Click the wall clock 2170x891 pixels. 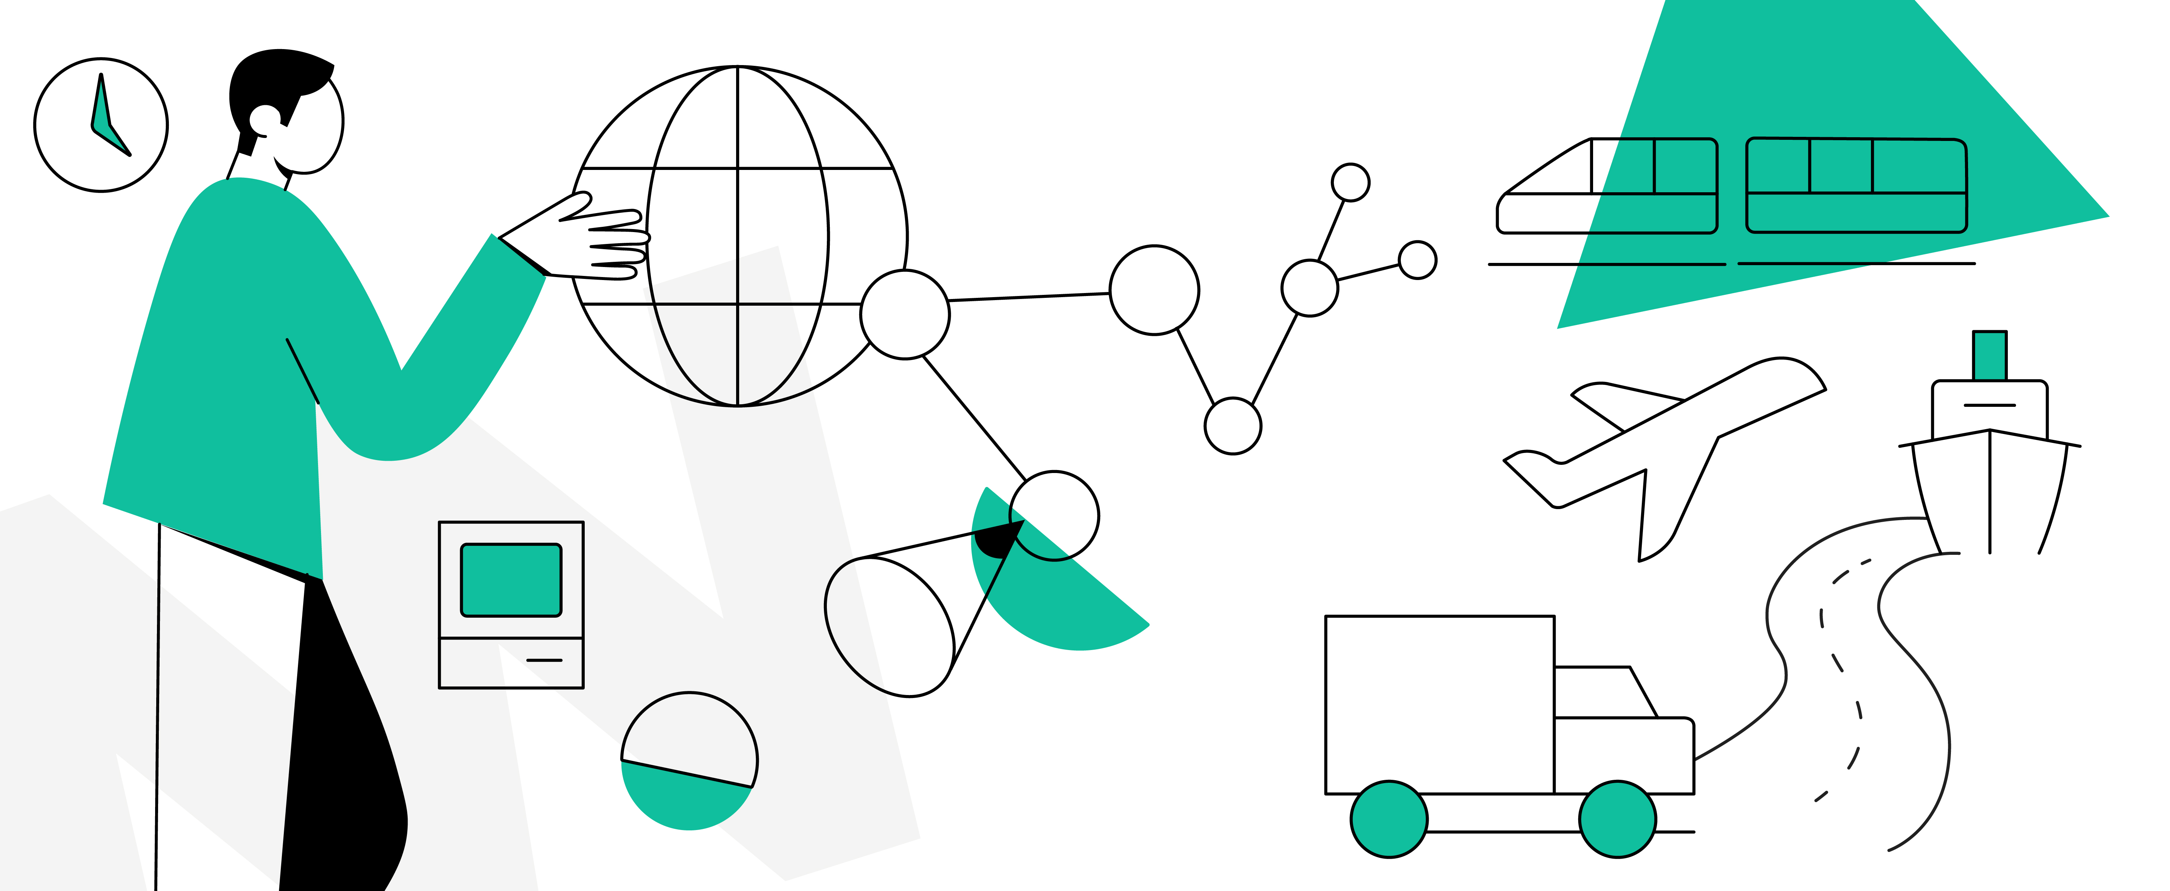101,125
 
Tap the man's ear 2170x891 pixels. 264,120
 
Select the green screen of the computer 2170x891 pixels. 510,579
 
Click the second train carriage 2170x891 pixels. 1856,185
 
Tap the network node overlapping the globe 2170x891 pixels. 905,314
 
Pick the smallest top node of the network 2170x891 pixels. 1350,182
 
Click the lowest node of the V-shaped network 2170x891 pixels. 1232,426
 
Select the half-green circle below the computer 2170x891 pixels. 689,761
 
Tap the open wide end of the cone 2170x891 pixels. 889,627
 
